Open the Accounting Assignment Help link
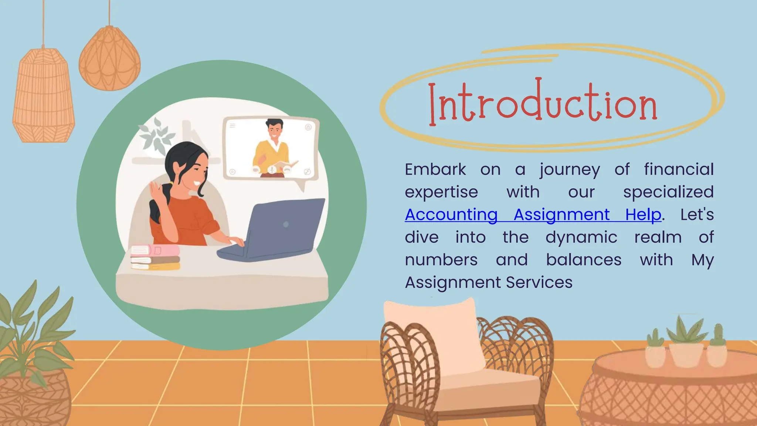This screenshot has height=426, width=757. (533, 215)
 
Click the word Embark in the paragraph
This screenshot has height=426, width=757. (435, 170)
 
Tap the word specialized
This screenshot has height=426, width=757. (668, 192)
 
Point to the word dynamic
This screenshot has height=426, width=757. (581, 237)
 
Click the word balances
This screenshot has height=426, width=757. (584, 260)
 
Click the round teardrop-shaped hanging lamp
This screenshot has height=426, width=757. (109, 59)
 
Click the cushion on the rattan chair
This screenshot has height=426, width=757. (434, 333)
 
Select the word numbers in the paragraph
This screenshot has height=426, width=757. (441, 260)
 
